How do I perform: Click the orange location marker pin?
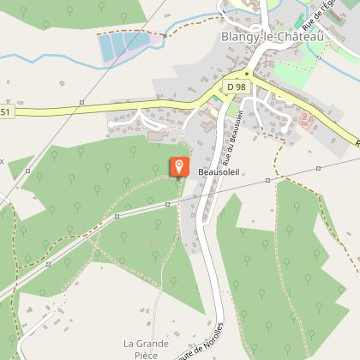tap(179, 166)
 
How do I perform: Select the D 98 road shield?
tap(237, 87)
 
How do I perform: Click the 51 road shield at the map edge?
tap(5, 111)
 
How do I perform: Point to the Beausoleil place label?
tap(217, 171)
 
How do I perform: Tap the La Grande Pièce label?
tap(141, 349)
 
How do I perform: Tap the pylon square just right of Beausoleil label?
tap(268, 181)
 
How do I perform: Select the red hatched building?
tap(307, 122)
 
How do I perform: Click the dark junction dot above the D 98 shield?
tap(247, 75)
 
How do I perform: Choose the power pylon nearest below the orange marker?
tap(168, 204)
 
